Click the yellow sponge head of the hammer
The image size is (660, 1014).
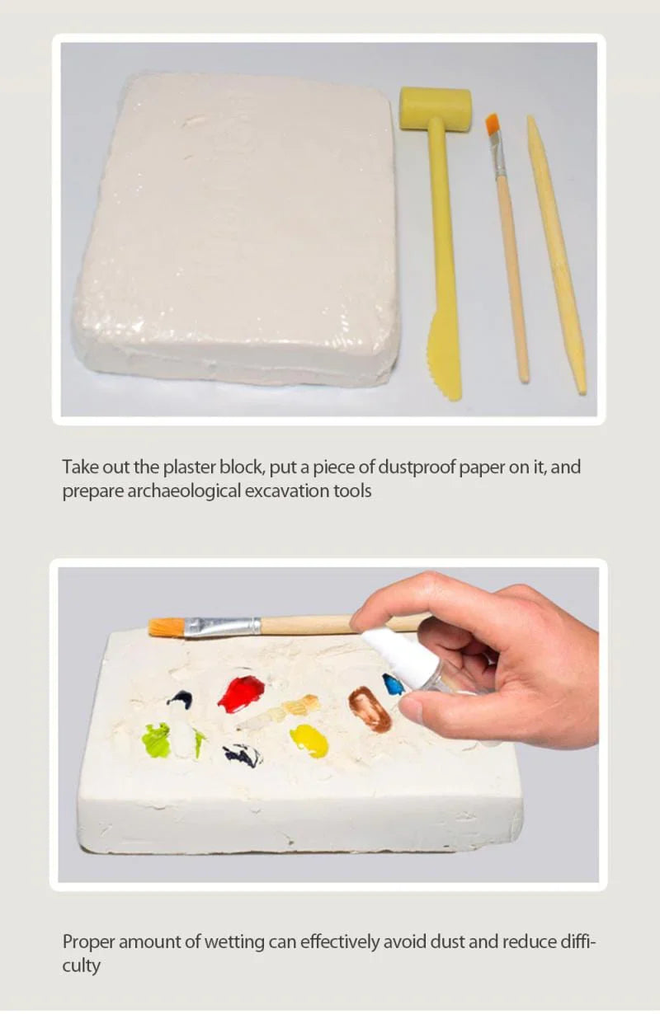436,109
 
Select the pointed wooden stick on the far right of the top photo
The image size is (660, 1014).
556,255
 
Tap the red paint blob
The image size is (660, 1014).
242,693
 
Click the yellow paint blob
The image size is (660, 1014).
309,740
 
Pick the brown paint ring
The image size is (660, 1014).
370,709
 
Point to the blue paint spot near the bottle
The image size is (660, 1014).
394,684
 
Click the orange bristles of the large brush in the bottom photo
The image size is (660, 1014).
167,628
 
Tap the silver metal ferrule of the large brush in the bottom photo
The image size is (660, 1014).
223,627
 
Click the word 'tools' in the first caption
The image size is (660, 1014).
352,491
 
